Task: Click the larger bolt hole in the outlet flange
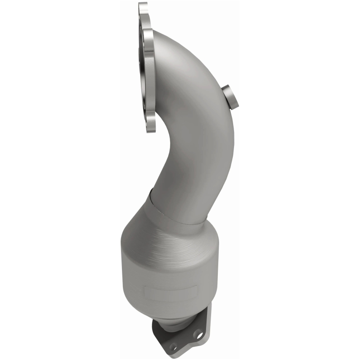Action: click(198, 334)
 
